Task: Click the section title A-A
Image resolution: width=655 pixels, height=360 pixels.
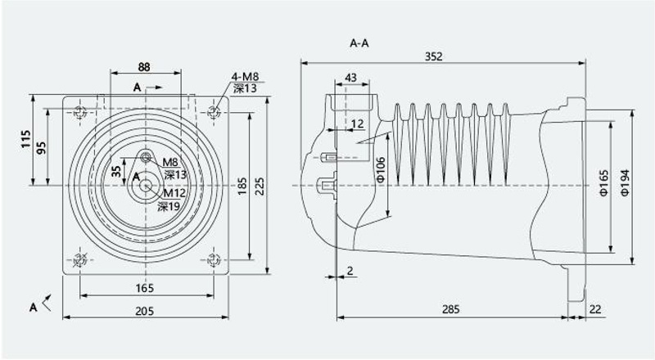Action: [359, 43]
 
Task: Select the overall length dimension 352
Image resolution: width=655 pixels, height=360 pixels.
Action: [434, 56]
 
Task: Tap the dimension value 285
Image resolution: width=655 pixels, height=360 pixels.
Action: [451, 309]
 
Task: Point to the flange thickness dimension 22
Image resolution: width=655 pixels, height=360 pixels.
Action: [595, 309]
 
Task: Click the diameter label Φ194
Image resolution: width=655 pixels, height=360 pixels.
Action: [626, 182]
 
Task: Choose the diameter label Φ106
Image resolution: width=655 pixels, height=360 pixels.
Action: [381, 171]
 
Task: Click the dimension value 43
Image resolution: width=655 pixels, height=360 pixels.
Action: [351, 78]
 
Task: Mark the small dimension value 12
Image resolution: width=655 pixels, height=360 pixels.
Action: [358, 124]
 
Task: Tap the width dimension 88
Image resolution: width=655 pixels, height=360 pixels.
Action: [144, 67]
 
